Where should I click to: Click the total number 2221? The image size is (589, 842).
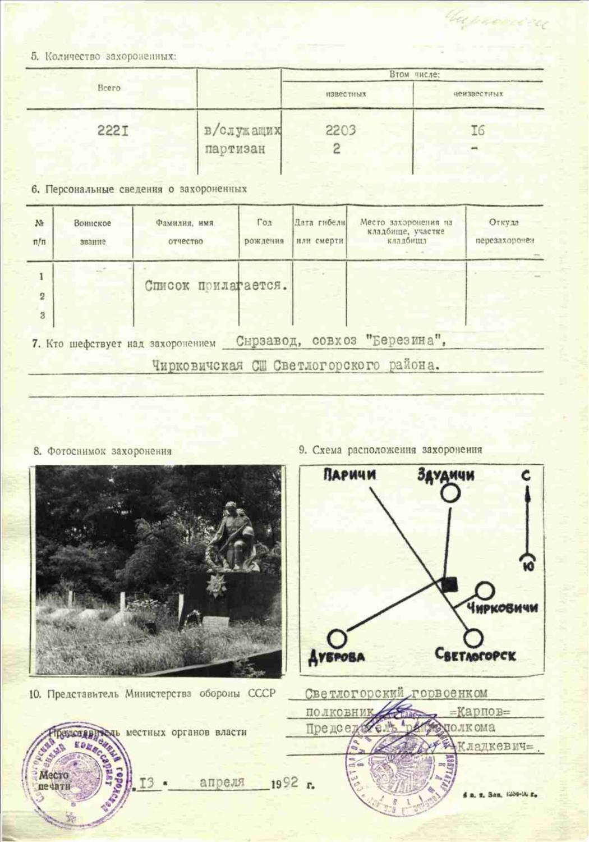[113, 131]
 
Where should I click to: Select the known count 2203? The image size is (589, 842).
[340, 130]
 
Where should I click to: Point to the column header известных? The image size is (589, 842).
[346, 94]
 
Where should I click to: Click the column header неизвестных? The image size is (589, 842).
[478, 94]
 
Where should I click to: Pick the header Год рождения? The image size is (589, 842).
[264, 232]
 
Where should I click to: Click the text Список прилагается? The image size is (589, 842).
[216, 285]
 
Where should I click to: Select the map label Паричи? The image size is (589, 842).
[349, 475]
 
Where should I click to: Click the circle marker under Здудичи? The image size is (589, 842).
[450, 493]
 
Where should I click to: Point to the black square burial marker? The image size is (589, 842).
[449, 584]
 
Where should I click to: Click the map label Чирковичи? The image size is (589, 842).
[502, 607]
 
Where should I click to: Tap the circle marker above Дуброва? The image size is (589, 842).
[337, 638]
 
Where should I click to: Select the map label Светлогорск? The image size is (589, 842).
[475, 655]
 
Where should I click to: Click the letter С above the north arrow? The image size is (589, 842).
[526, 476]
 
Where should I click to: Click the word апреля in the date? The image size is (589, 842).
[222, 782]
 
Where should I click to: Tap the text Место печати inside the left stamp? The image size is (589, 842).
[54, 780]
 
